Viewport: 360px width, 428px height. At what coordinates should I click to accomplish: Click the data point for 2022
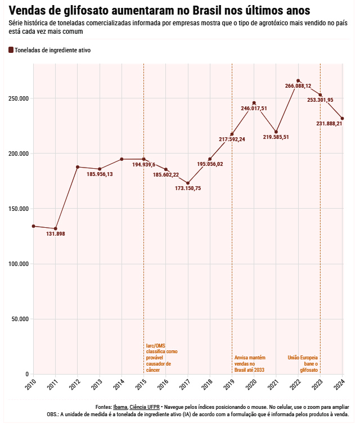pos(298,80)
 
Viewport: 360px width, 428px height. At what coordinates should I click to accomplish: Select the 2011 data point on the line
pos(56,229)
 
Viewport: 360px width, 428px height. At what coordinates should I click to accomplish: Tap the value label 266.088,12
pos(298,86)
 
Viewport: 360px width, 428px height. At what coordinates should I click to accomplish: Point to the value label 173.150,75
pos(188,188)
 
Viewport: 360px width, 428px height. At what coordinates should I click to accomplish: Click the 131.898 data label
pos(56,234)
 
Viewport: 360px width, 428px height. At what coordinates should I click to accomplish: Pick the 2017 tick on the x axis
pos(186,385)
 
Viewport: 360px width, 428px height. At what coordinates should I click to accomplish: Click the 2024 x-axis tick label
pos(340,385)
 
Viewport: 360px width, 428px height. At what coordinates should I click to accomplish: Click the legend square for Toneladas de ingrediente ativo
pos(11,50)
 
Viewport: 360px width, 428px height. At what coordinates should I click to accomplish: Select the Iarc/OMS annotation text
pos(161,358)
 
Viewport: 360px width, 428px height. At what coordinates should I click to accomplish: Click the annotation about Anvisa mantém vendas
pos(249,363)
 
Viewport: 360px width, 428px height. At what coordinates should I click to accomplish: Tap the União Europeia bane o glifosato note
pos(303,363)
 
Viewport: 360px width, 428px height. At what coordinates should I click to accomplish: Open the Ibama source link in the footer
pos(120,407)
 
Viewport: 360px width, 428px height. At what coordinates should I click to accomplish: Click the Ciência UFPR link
pos(145,407)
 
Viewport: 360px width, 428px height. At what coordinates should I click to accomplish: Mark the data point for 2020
pos(254,103)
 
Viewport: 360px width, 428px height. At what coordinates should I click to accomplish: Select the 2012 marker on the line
pos(78,167)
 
